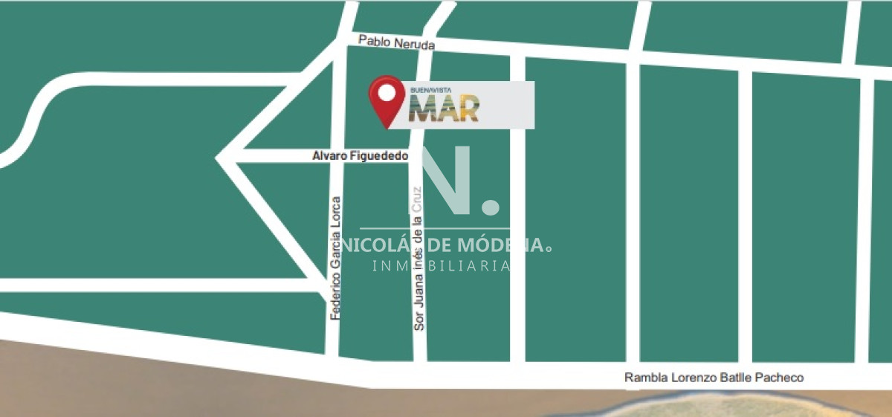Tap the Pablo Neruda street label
click(x=395, y=42)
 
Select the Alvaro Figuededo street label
click(x=361, y=156)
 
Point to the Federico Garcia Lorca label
click(x=335, y=258)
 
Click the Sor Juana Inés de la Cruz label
click(x=418, y=257)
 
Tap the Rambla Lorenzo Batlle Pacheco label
click(x=714, y=378)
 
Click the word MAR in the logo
click(x=445, y=109)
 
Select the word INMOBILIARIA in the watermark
click(x=441, y=265)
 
